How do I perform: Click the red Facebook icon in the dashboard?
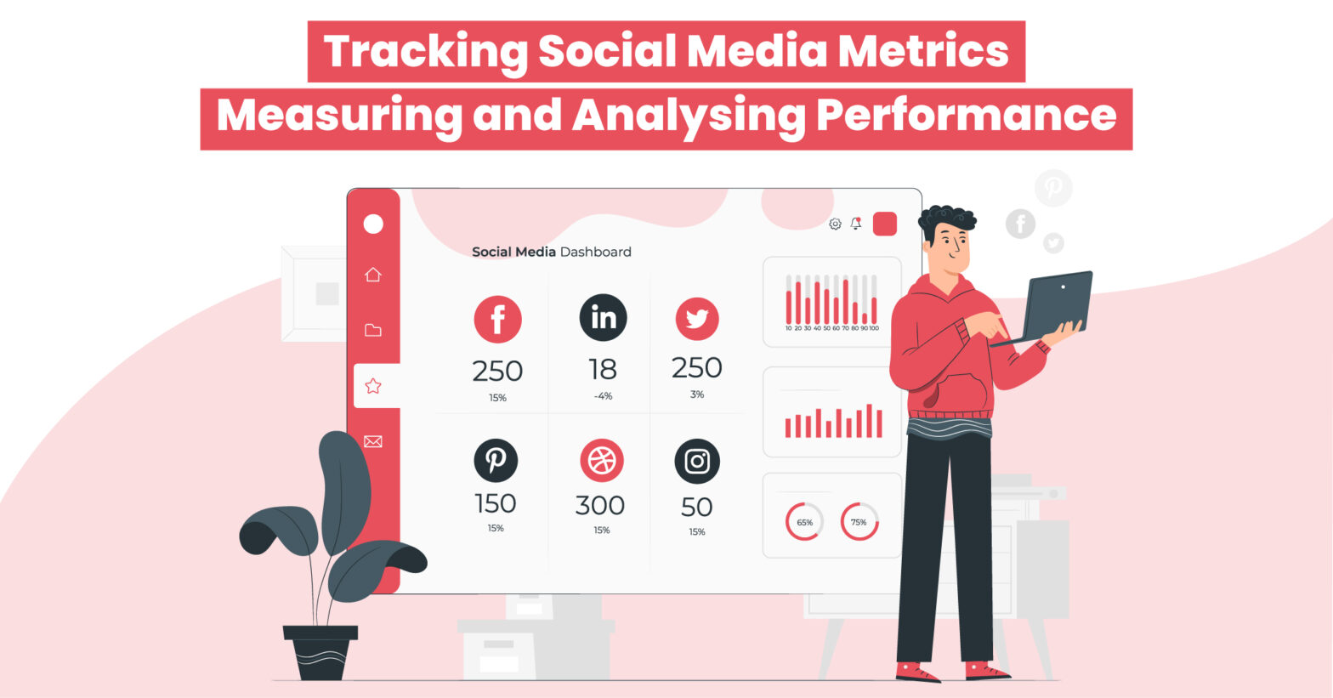(497, 320)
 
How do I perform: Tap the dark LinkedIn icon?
(603, 318)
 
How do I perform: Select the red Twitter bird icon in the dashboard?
(697, 319)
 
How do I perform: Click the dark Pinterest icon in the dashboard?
(496, 460)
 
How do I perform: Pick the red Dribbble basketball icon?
(602, 460)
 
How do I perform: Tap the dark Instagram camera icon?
(697, 461)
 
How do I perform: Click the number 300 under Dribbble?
(600, 506)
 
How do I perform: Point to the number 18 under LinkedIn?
(602, 370)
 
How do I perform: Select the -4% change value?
(603, 396)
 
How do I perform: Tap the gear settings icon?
(835, 224)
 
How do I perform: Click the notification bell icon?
(856, 223)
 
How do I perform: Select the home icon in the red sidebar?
(373, 275)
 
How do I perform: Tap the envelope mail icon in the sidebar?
(373, 441)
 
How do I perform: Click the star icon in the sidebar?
(373, 386)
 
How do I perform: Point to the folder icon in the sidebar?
(373, 330)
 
